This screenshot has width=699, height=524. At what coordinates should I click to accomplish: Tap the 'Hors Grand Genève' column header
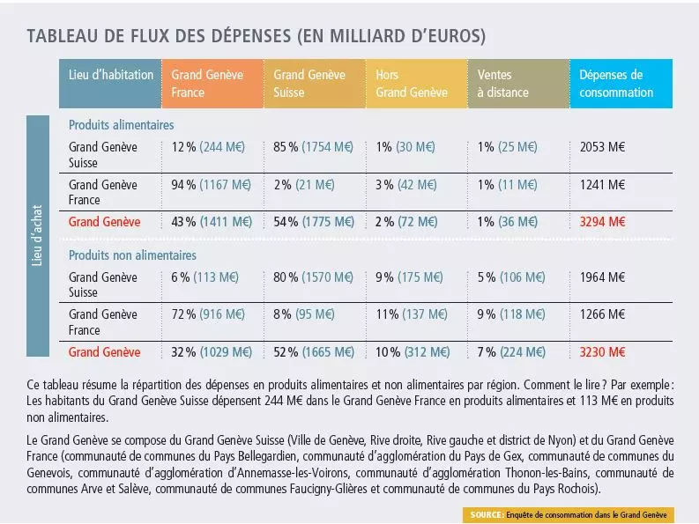412,84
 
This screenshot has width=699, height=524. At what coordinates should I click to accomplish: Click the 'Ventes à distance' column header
511,84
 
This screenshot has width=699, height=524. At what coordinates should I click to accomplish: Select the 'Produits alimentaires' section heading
121,125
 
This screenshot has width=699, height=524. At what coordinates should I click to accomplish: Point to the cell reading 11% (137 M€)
412,314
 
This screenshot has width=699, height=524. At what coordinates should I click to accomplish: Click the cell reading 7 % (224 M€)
514,351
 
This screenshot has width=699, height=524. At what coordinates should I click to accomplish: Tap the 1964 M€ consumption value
603,277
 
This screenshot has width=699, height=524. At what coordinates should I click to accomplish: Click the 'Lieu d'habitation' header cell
111,75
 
